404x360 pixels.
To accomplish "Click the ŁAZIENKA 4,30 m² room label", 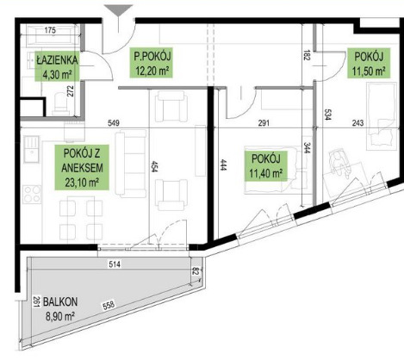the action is coord(57,67).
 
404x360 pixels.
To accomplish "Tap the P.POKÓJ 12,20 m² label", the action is coord(151,63).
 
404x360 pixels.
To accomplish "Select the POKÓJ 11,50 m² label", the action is coord(369,63).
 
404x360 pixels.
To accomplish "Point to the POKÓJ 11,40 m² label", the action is coord(266,166).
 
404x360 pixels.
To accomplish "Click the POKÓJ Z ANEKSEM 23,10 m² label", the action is coord(82,168).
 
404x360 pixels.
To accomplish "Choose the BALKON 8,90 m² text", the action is coord(60,309).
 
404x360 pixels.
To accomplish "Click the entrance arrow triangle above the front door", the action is coord(118,11).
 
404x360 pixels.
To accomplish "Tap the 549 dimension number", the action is coord(114,123).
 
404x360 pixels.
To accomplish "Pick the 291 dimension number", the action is coord(264,123).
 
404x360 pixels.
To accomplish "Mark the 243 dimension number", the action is coord(357,123).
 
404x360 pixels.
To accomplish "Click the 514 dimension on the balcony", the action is coord(115,264).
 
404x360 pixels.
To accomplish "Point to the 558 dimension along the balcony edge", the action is coord(109,305).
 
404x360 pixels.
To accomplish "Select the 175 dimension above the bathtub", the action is coord(50,30).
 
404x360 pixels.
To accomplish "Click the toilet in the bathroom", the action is coord(60,103).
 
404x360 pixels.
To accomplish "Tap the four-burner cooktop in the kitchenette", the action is coord(32,195).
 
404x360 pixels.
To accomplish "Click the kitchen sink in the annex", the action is coord(31,149).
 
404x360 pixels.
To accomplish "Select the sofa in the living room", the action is coord(131,164).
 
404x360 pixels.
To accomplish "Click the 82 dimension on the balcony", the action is coord(196,271).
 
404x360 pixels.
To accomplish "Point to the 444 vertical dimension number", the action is coord(222,165).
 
